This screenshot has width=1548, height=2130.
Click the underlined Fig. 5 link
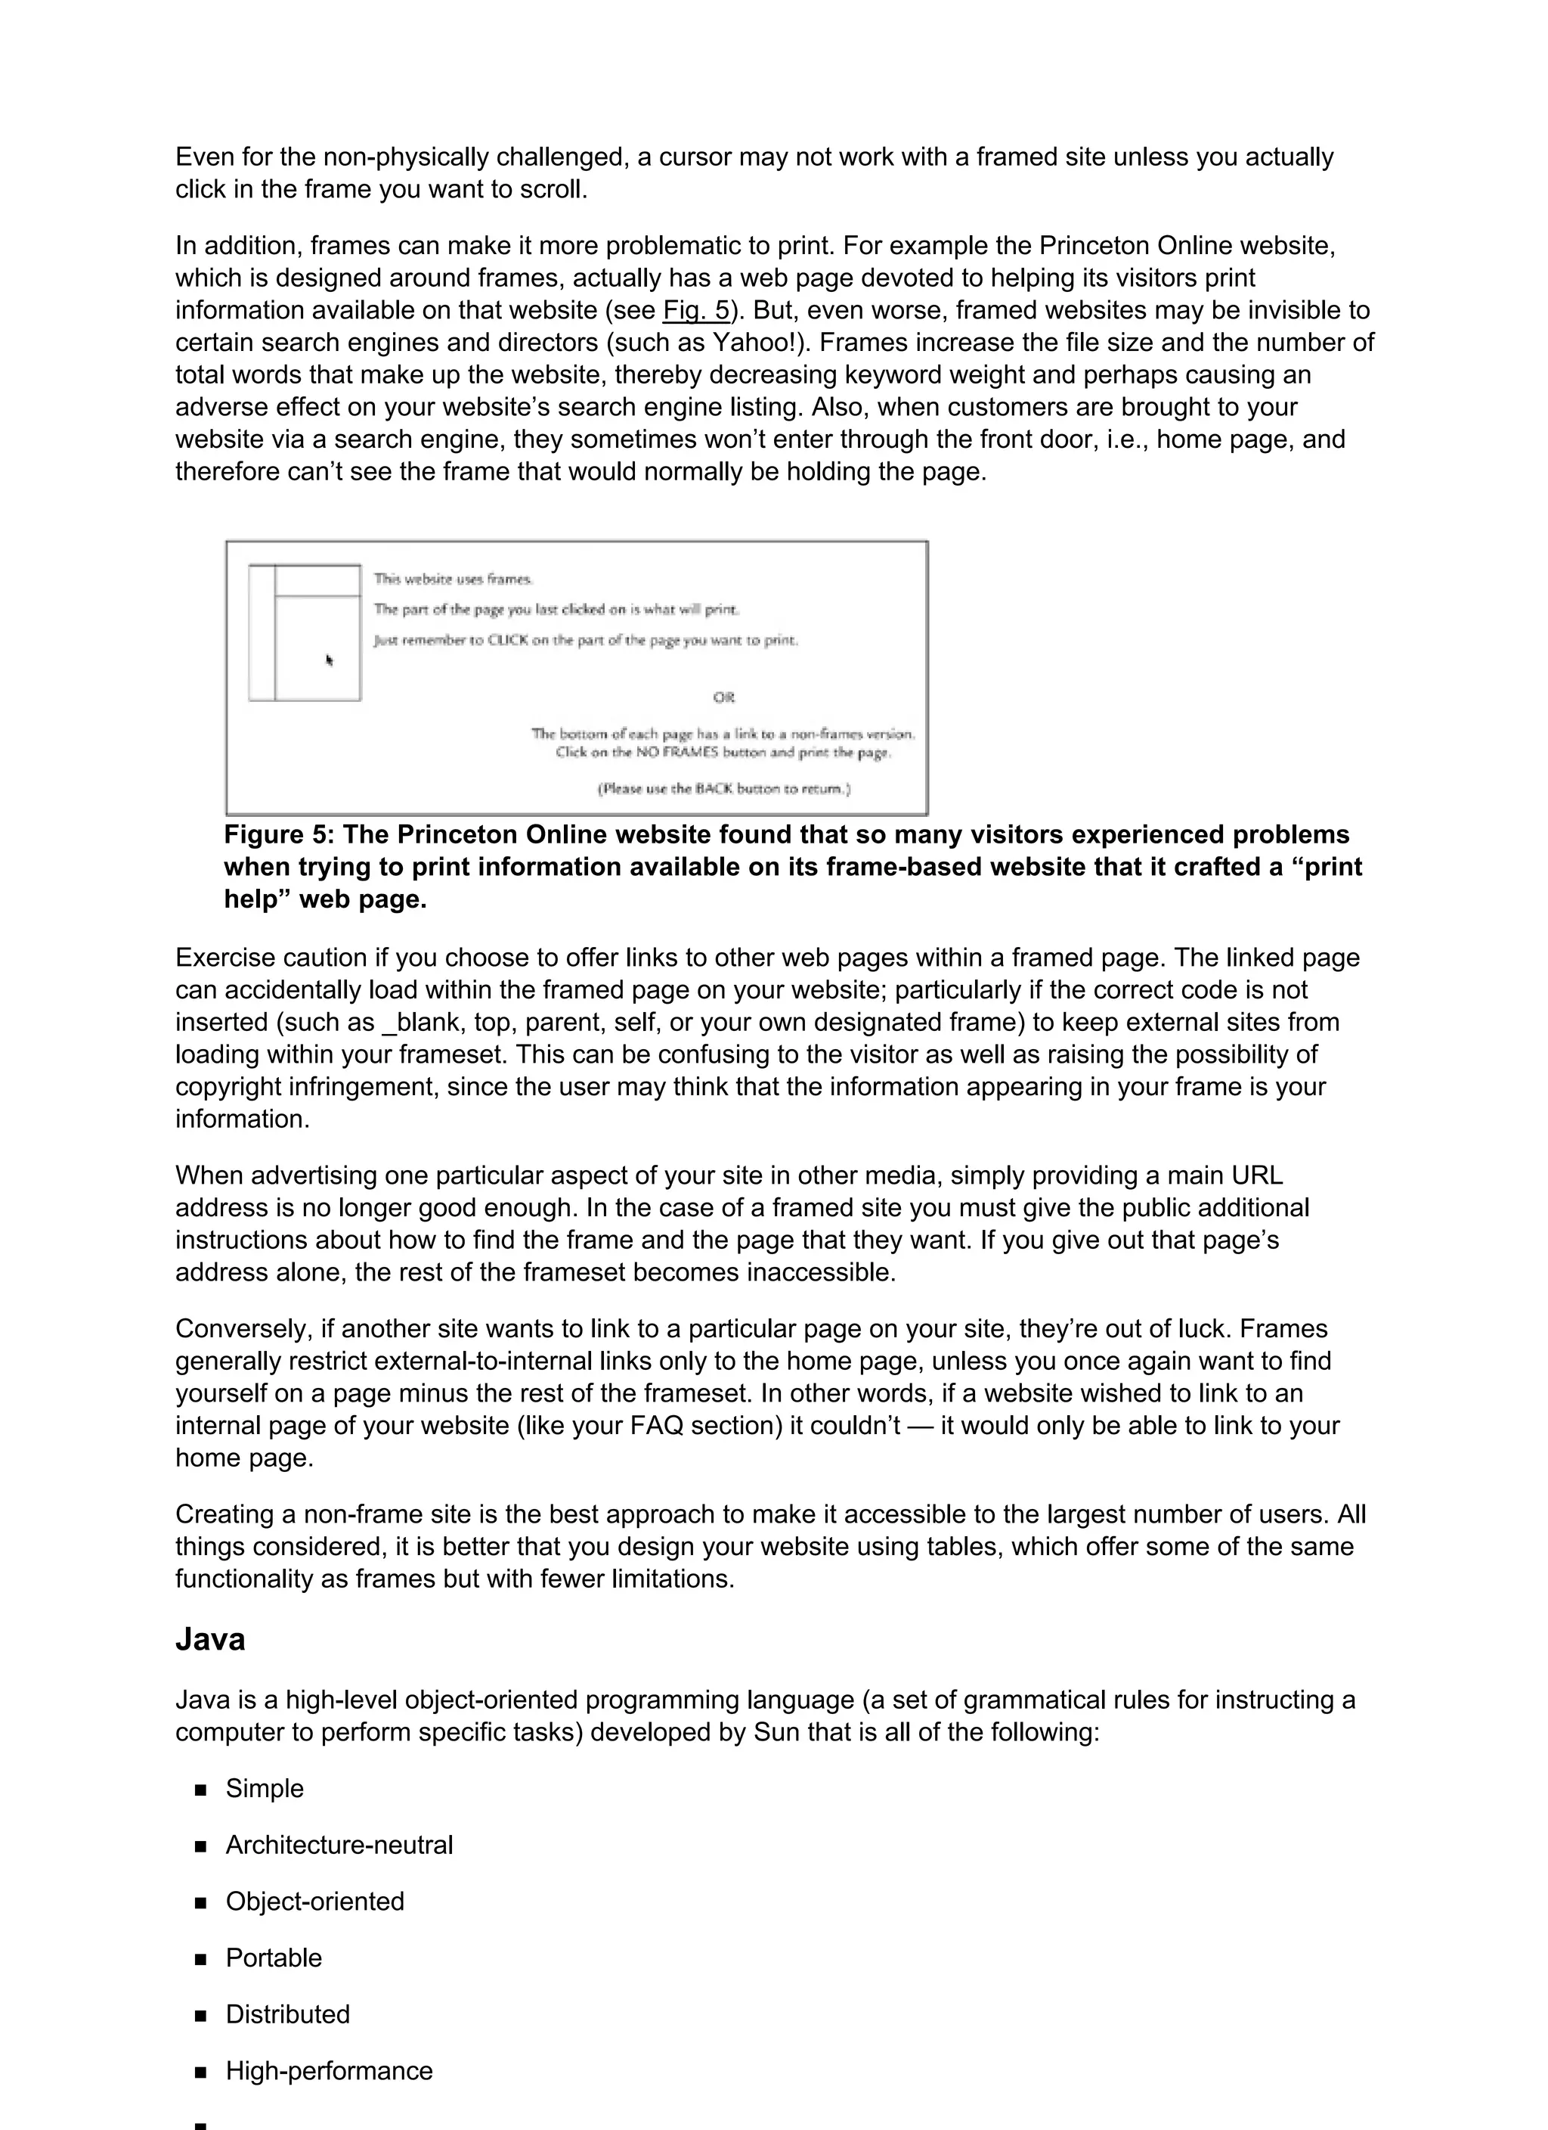point(695,310)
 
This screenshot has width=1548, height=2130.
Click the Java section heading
point(210,1640)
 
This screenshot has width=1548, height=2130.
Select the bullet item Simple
point(265,1789)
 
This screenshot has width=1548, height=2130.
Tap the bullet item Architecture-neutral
point(339,1846)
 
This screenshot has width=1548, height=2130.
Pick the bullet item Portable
point(273,1958)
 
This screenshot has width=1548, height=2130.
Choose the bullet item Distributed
point(287,2014)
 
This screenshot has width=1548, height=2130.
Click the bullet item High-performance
point(329,2071)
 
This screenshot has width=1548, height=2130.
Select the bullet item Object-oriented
point(314,1902)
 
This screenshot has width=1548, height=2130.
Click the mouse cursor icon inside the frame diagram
point(330,660)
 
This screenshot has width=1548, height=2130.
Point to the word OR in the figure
point(724,698)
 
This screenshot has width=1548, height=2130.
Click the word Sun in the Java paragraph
point(776,1733)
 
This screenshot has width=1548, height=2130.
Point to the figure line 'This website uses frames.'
point(454,579)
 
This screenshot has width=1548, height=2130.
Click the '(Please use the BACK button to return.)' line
point(724,789)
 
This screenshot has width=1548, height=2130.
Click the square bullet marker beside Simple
point(200,1790)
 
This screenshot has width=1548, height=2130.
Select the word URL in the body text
point(1257,1176)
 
